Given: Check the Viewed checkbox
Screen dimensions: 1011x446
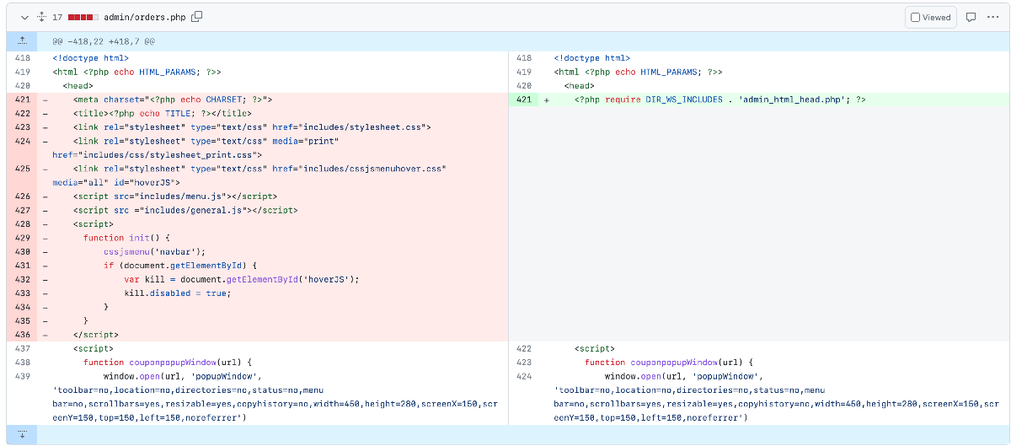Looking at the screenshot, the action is (x=915, y=18).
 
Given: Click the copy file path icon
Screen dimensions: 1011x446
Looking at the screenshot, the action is (x=197, y=17).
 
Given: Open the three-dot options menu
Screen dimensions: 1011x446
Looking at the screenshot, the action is (x=993, y=17).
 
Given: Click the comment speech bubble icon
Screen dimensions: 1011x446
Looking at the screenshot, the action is (x=971, y=17).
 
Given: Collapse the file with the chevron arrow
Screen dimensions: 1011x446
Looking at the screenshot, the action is (x=24, y=18).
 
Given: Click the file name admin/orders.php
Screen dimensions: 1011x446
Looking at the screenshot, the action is (x=144, y=17).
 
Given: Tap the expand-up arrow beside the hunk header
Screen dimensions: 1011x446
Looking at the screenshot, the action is (x=22, y=40).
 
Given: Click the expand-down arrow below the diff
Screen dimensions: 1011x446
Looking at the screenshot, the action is (x=22, y=434).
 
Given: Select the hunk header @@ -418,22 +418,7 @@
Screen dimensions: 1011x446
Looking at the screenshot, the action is (x=104, y=41).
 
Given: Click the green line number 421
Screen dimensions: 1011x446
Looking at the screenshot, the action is (x=523, y=99).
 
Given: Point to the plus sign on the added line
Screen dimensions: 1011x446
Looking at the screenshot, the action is (x=547, y=100).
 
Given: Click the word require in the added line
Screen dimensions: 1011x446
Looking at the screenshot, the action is (x=623, y=99).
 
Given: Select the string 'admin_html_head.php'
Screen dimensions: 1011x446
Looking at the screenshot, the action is (x=792, y=99).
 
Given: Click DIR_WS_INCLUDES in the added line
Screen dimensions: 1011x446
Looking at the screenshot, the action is (x=684, y=99).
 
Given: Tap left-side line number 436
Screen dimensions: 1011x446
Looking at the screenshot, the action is (x=23, y=335).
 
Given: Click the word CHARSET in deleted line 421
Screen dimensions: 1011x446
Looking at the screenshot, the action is (x=224, y=99).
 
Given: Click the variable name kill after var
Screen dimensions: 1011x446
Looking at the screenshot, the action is (x=155, y=279).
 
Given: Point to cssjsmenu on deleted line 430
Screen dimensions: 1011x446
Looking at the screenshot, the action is (x=127, y=252).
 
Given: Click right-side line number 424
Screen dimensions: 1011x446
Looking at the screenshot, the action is (x=523, y=376).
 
